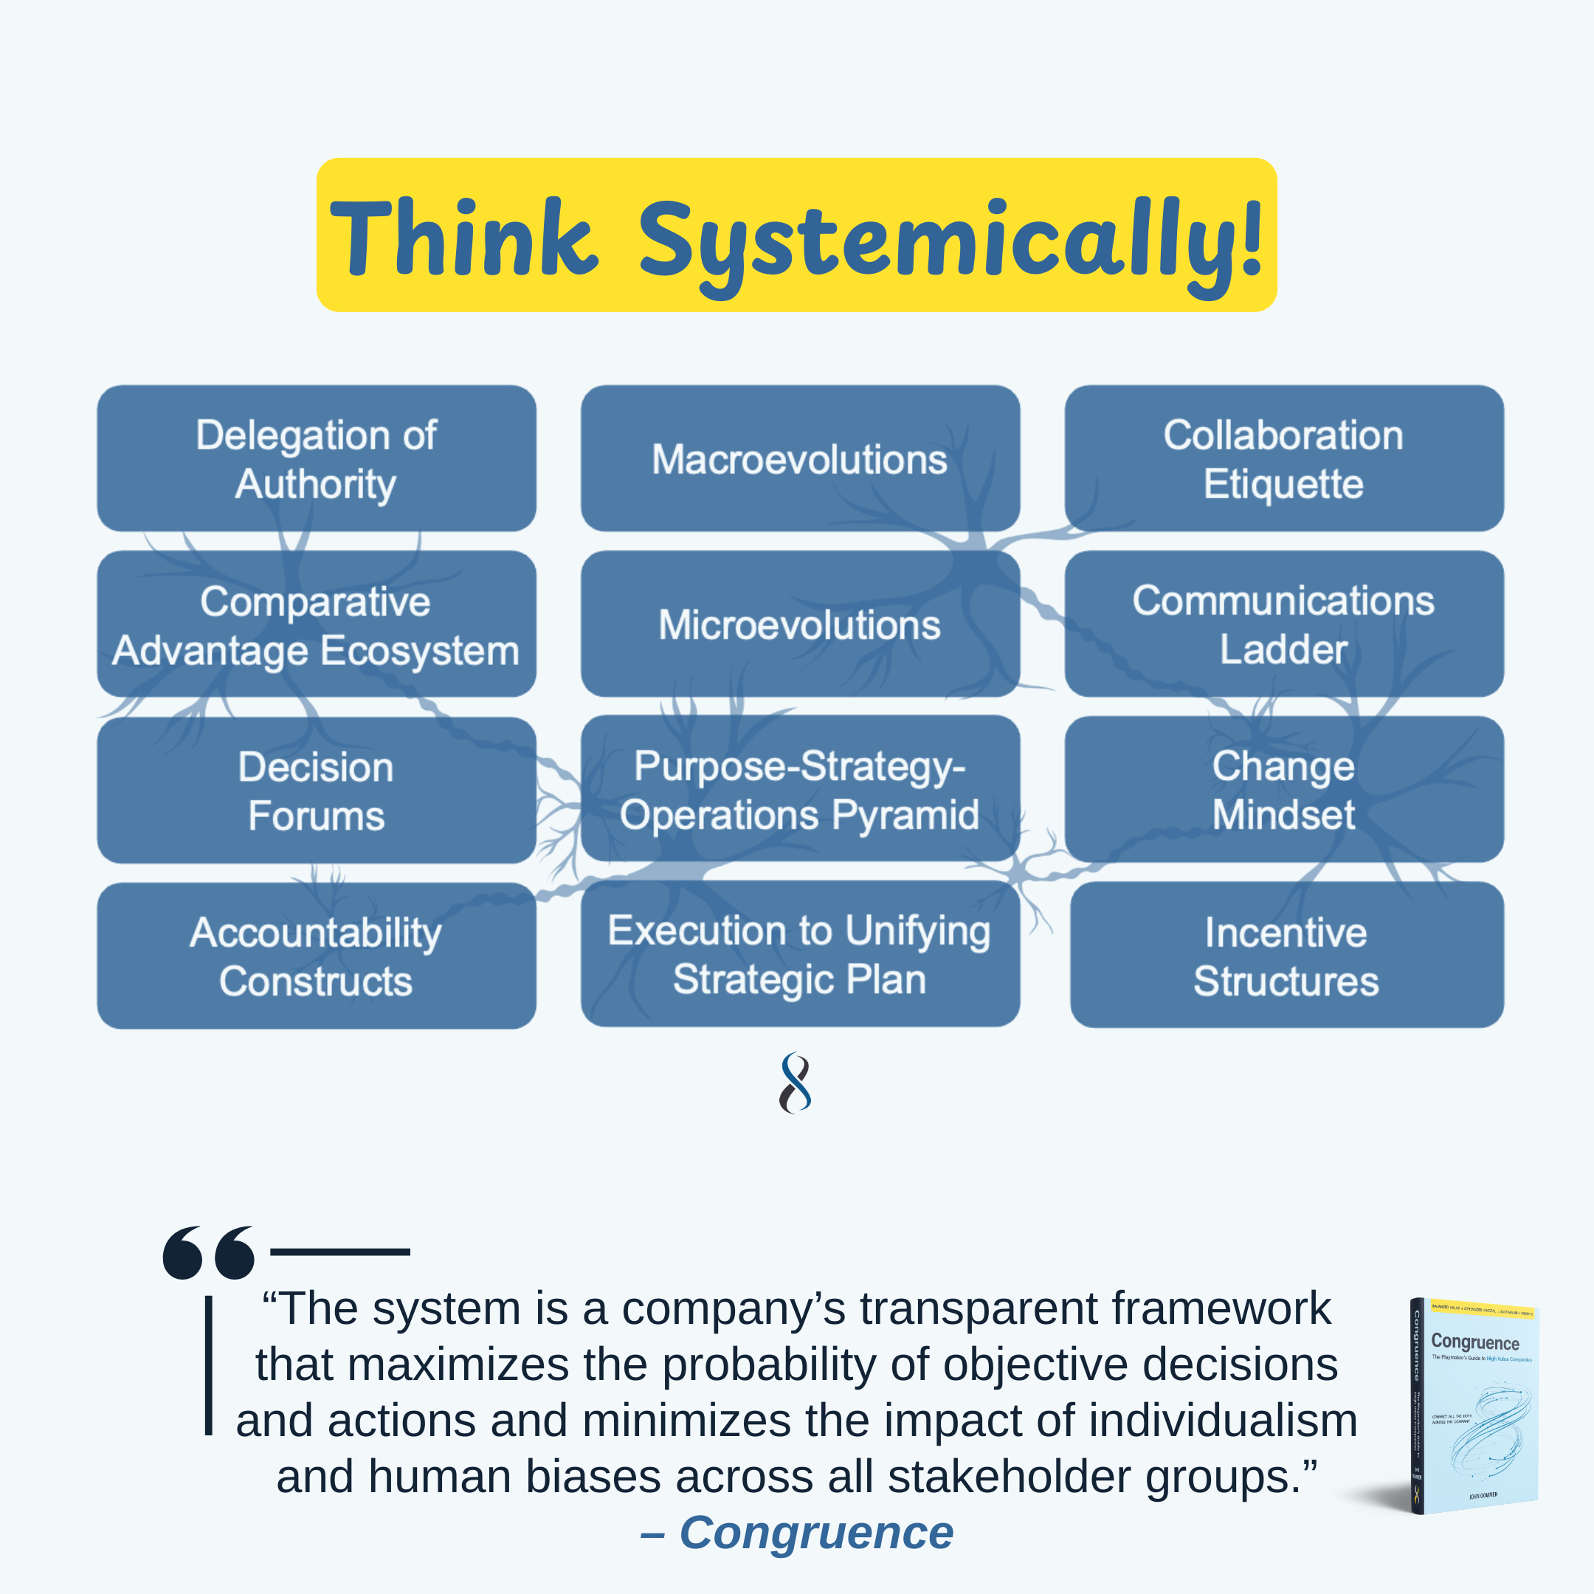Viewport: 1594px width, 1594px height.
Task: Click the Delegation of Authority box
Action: click(x=316, y=459)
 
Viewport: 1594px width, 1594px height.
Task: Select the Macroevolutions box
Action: click(x=799, y=459)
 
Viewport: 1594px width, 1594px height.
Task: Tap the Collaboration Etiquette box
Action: click(x=1283, y=459)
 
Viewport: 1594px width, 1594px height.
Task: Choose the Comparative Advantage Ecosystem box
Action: click(x=316, y=624)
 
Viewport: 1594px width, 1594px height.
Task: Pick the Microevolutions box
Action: click(x=799, y=624)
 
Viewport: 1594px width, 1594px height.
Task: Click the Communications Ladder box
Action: click(x=1283, y=624)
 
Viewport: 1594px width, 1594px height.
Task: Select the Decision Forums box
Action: click(x=316, y=790)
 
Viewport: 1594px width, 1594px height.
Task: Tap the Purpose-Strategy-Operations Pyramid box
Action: click(x=799, y=790)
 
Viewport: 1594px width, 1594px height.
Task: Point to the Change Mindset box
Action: click(x=1283, y=790)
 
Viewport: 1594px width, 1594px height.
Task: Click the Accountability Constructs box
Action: click(x=316, y=956)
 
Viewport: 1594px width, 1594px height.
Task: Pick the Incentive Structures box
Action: click(x=1286, y=956)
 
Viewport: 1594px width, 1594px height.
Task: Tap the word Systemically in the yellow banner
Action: click(x=949, y=244)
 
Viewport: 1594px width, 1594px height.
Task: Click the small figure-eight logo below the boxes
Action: click(x=796, y=1083)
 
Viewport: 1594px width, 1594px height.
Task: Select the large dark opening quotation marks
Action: click(x=208, y=1252)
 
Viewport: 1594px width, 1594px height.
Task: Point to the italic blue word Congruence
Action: click(x=816, y=1532)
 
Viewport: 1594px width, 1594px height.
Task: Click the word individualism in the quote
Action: click(x=1222, y=1420)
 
